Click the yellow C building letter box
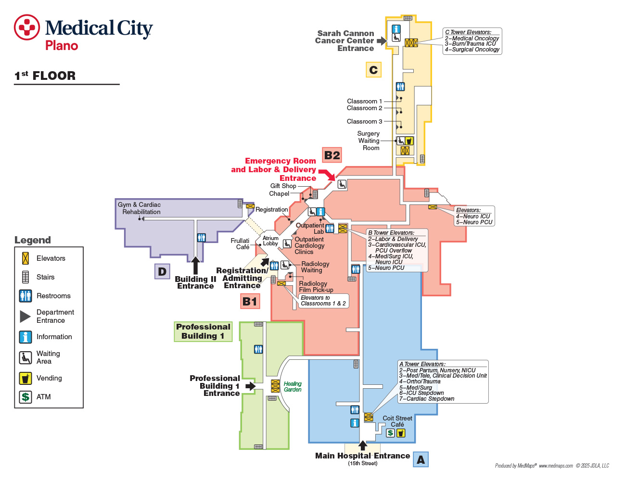pos(373,70)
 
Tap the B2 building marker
pos(332,155)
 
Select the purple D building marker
pos(162,271)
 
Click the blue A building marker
pos(421,459)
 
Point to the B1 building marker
pos(250,301)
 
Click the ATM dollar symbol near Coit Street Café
pos(390,432)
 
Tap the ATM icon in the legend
pos(26,397)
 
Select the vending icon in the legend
pos(26,378)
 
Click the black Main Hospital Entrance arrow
pos(363,445)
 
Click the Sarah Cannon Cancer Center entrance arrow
pos(382,41)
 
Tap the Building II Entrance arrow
pos(195,265)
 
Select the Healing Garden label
pos(293,386)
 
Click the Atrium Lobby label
pos(270,241)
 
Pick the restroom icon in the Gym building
pos(202,238)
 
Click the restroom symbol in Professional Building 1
pos(258,349)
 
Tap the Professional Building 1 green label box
pos(203,331)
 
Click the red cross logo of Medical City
pos(27,27)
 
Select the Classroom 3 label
pos(364,121)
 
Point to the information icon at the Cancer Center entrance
pos(396,29)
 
